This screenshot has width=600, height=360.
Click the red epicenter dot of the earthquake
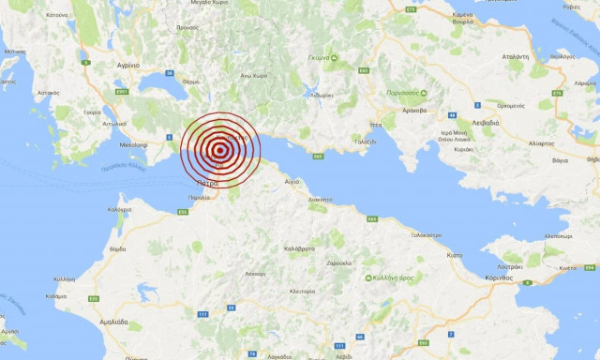click(x=220, y=149)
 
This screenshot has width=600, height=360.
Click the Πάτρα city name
click(x=208, y=184)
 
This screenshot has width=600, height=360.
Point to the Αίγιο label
click(x=292, y=181)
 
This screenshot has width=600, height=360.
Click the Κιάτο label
click(x=454, y=254)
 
